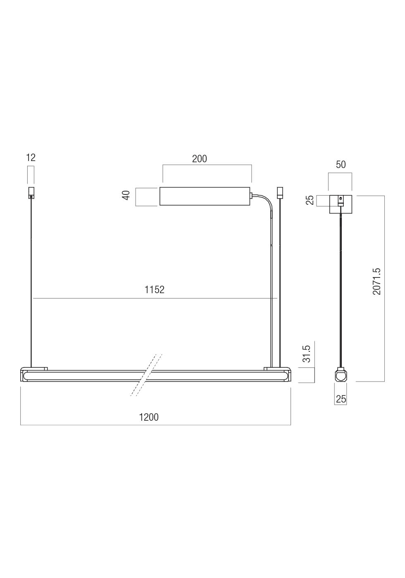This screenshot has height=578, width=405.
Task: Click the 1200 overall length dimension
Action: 149,417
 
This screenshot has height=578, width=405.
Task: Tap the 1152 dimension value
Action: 155,290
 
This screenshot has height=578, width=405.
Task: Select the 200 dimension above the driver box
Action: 199,159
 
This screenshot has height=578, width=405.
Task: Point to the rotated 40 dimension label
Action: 126,195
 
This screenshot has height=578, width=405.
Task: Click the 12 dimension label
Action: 31,158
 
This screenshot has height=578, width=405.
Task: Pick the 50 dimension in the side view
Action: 341,165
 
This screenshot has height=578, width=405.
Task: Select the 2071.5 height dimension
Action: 377,282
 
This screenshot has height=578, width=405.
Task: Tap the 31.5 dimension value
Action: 307,355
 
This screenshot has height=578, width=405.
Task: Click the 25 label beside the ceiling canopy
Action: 310,200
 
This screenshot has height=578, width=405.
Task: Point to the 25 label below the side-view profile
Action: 341,399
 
